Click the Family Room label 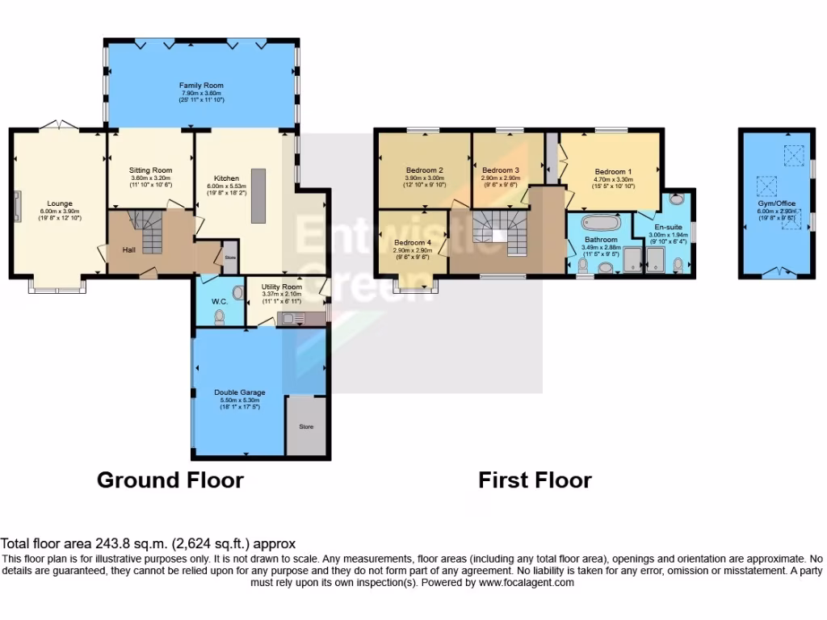click(x=201, y=85)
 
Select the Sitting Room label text click(x=151, y=170)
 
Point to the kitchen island click(x=258, y=195)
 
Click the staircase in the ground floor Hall click(x=149, y=234)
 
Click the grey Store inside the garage click(x=306, y=425)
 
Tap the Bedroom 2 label click(x=424, y=170)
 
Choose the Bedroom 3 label click(x=500, y=170)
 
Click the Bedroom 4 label click(x=412, y=243)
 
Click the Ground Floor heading click(x=170, y=480)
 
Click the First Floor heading click(x=535, y=480)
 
